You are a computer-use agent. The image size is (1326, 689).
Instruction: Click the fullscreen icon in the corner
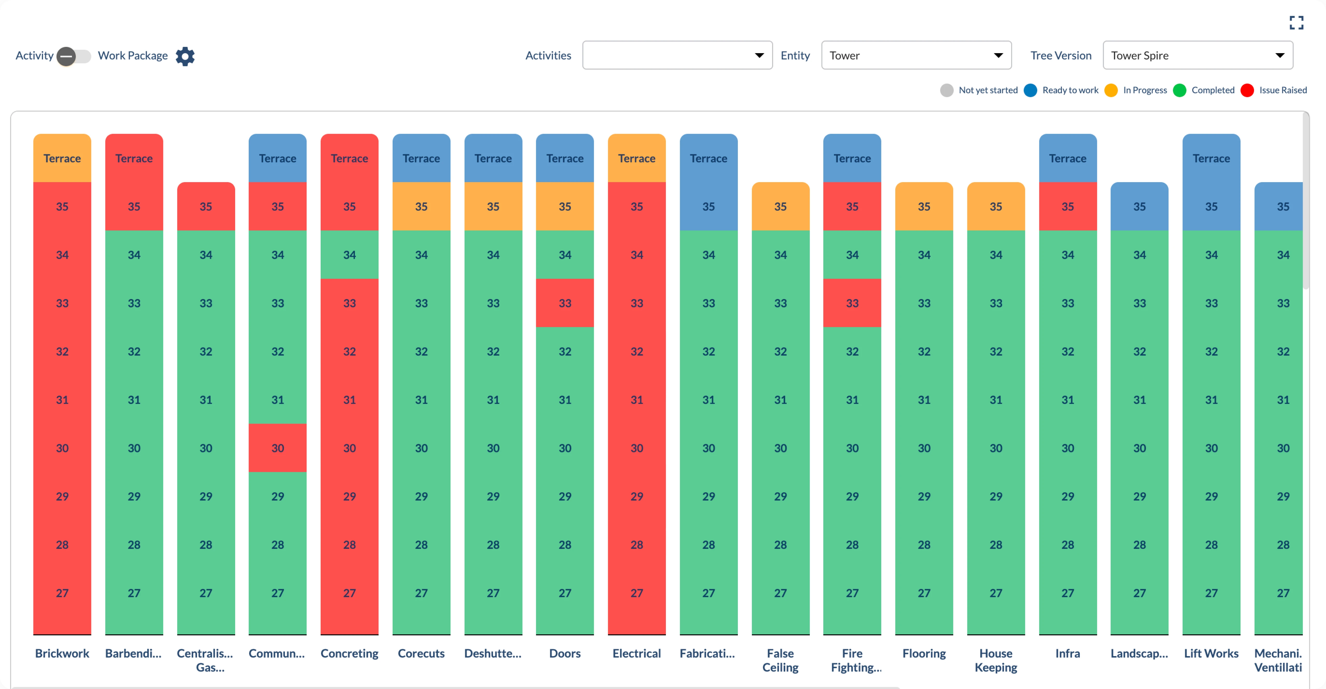[x=1296, y=23]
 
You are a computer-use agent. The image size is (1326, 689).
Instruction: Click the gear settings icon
[x=185, y=56]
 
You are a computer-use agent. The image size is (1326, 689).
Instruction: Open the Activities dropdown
[x=677, y=55]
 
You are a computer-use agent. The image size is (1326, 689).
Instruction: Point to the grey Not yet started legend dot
[x=946, y=91]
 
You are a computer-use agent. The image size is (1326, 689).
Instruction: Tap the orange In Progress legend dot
[x=1111, y=91]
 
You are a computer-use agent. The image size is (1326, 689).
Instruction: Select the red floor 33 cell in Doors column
[x=565, y=303]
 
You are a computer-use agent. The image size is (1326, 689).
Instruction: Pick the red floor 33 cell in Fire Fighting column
[x=852, y=303]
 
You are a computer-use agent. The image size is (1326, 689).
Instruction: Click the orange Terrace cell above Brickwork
[x=62, y=158]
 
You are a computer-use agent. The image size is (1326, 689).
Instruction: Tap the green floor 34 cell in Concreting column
[x=350, y=254]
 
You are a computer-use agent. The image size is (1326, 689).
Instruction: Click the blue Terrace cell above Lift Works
[x=1211, y=158]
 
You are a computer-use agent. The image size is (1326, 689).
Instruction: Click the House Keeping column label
[x=996, y=660]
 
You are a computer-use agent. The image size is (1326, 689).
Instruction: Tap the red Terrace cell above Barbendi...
[x=134, y=158]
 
